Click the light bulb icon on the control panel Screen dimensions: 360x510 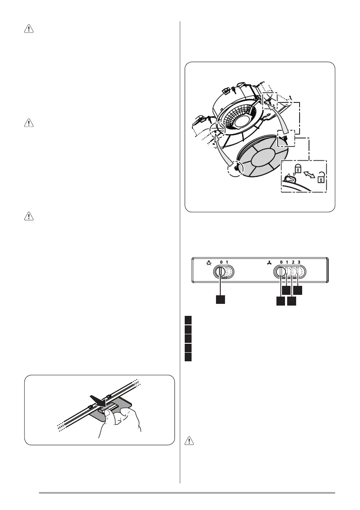pyautogui.click(x=208, y=262)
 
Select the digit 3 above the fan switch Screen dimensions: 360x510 pyautogui.click(x=299, y=262)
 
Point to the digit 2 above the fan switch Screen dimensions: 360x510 pyautogui.click(x=293, y=262)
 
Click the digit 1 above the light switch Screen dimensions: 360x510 pyautogui.click(x=227, y=262)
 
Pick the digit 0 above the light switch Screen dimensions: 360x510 pyautogui.click(x=221, y=262)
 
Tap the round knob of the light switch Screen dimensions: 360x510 pyautogui.click(x=220, y=272)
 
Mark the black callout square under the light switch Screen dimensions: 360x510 pyautogui.click(x=220, y=300)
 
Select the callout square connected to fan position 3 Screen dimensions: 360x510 pyautogui.click(x=297, y=290)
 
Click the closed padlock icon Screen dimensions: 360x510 pyautogui.click(x=298, y=169)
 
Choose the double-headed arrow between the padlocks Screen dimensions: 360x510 pyautogui.click(x=309, y=175)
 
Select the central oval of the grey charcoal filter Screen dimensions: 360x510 pyautogui.click(x=264, y=159)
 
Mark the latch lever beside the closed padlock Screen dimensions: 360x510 pyautogui.click(x=288, y=178)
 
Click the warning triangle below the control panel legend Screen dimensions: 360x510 pyautogui.click(x=189, y=441)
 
